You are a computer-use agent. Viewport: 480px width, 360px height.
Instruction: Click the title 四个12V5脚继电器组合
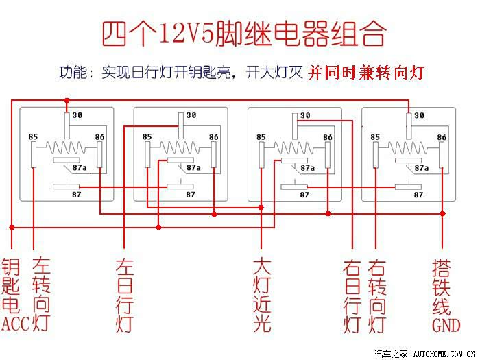[244, 34]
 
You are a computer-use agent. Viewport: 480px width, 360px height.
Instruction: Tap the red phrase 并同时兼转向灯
[365, 73]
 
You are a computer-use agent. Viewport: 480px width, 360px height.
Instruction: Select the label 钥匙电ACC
[14, 295]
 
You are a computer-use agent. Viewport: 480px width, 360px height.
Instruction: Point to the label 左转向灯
[41, 295]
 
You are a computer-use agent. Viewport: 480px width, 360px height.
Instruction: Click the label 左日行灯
[125, 296]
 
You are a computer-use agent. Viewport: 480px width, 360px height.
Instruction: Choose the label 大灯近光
[262, 296]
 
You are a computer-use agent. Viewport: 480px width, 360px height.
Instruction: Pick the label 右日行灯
[352, 297]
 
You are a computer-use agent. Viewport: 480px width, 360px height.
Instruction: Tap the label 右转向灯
[376, 297]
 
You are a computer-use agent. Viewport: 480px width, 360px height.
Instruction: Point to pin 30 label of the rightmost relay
[419, 115]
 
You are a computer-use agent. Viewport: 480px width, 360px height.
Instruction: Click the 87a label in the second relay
[193, 168]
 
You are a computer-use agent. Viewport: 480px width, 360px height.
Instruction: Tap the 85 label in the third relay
[261, 137]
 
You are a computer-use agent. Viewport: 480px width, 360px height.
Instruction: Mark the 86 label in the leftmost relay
[99, 137]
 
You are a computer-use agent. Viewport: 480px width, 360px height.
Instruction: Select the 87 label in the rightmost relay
[418, 195]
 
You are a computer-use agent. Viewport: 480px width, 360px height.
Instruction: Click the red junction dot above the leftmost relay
[67, 100]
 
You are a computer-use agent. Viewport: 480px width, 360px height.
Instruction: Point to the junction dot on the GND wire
[442, 213]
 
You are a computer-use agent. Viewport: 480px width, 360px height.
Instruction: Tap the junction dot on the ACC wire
[12, 227]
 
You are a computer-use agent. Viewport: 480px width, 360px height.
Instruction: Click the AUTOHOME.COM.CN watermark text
[444, 354]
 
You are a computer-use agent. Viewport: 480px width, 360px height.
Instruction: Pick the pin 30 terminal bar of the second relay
[181, 125]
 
